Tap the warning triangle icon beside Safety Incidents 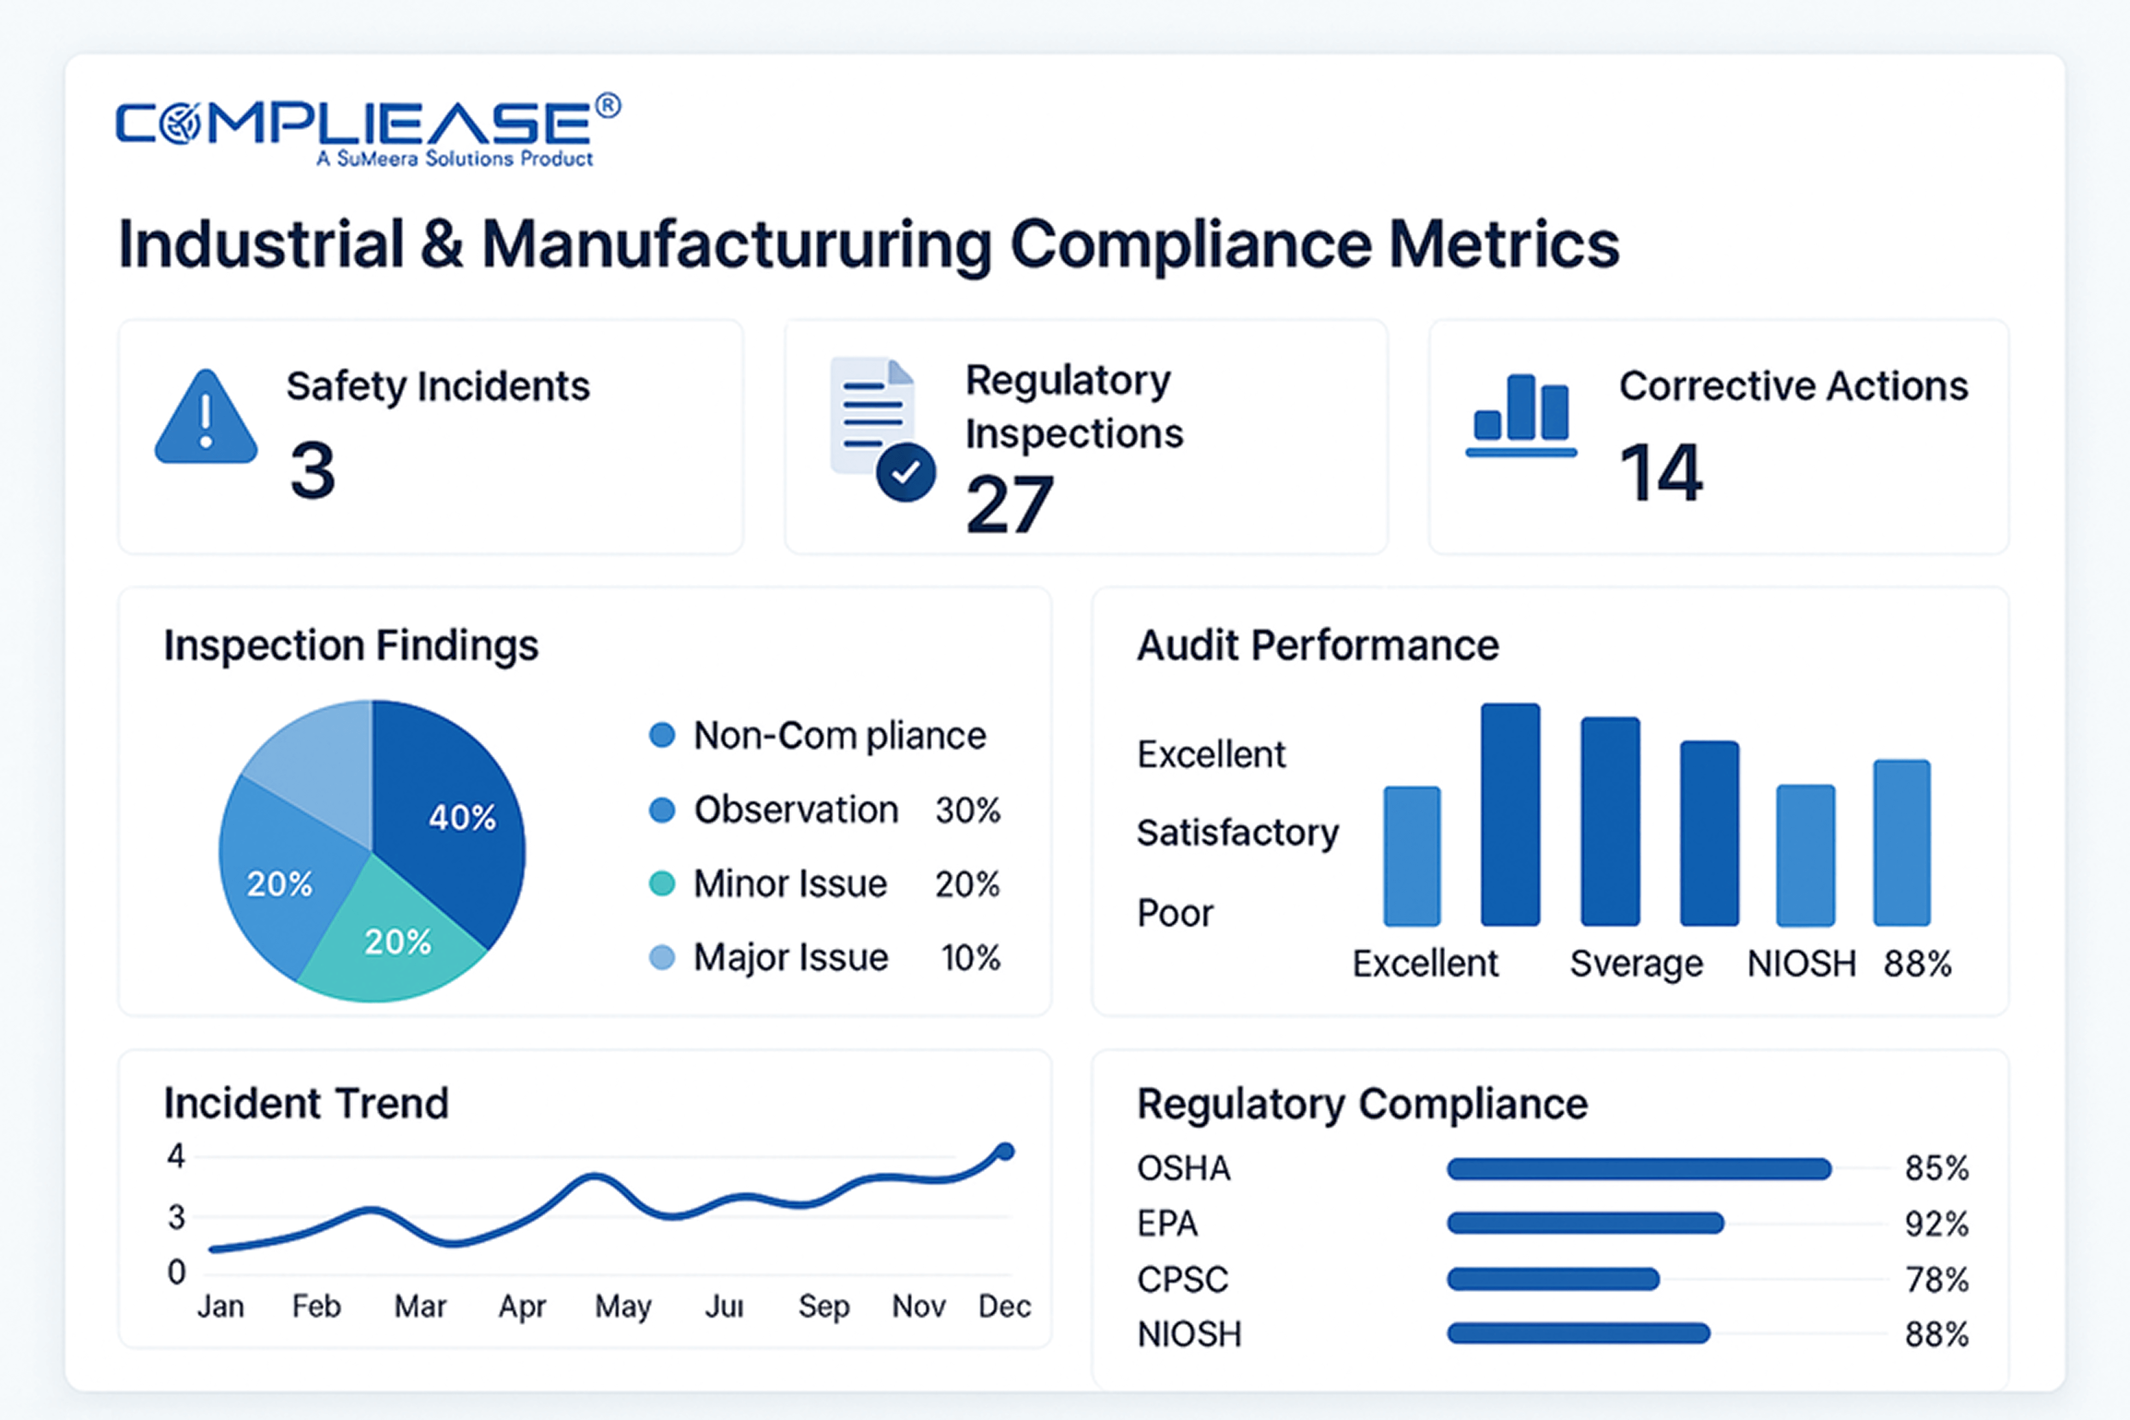206,418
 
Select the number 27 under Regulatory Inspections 1009,505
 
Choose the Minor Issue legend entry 790,884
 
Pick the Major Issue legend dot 662,957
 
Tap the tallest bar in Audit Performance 1510,814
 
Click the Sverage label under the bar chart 1636,963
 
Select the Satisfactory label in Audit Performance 1237,832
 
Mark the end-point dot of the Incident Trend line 1004,1152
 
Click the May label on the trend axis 623,1306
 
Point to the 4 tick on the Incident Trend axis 176,1156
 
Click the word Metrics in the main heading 1504,245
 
